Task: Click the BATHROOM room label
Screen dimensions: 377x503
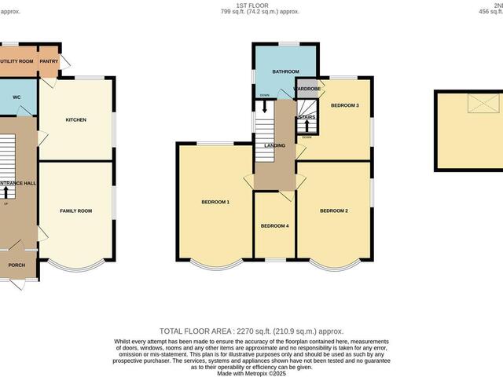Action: click(286, 71)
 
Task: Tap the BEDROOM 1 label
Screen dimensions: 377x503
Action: click(215, 203)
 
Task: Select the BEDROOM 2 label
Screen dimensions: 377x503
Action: click(334, 210)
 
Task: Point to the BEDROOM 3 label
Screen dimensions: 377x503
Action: click(344, 105)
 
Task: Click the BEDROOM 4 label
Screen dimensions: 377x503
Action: click(274, 226)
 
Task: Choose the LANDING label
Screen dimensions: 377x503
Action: click(274, 146)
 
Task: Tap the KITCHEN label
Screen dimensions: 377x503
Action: click(75, 120)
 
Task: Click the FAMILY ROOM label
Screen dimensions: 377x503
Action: click(76, 210)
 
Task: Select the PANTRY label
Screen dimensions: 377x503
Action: click(50, 60)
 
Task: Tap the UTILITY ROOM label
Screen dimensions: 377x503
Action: click(16, 60)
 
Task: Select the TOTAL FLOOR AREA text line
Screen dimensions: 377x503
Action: click(251, 331)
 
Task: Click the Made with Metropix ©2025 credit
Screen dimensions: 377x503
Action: click(251, 372)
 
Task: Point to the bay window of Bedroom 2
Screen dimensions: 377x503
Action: click(334, 263)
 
